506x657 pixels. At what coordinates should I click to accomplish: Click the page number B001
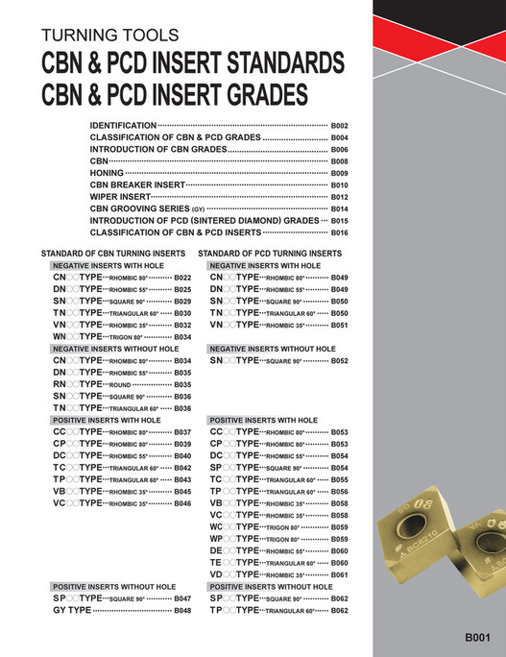point(477,637)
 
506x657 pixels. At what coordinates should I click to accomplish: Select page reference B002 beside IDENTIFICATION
point(339,126)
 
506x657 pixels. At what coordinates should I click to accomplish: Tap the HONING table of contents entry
point(110,173)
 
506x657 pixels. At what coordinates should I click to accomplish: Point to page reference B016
point(339,232)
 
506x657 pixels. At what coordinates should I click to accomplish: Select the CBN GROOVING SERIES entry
point(147,208)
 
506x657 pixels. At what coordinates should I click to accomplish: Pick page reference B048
point(182,611)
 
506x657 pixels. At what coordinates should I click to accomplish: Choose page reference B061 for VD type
point(339,574)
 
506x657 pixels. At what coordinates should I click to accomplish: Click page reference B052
point(339,361)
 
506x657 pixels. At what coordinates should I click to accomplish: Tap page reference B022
point(182,278)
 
